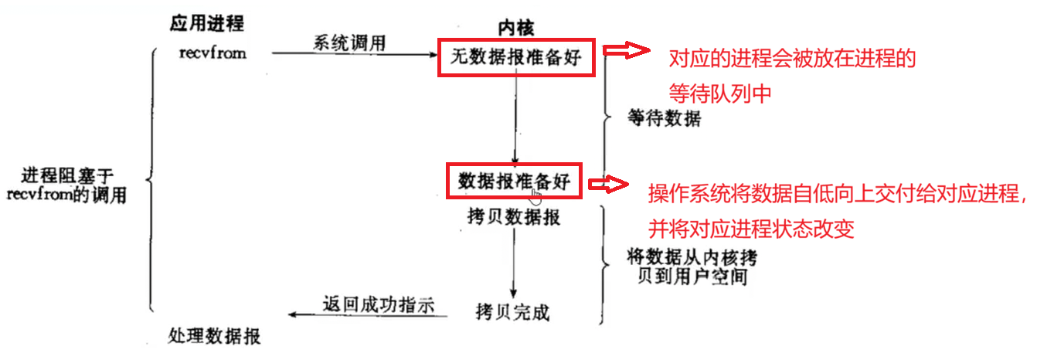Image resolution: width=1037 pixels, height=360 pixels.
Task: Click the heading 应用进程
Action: (206, 23)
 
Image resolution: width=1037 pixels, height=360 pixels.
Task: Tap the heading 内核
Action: (515, 28)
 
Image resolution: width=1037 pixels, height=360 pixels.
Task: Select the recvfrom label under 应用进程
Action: (212, 53)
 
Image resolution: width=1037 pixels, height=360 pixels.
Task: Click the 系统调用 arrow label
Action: (349, 43)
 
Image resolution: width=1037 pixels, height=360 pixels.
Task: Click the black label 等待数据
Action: (665, 118)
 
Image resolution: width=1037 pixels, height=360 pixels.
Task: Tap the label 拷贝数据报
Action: (514, 216)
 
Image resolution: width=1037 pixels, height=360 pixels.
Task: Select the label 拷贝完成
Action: (512, 312)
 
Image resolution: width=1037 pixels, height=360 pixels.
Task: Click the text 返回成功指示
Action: (379, 305)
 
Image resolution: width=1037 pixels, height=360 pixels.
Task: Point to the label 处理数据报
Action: (214, 336)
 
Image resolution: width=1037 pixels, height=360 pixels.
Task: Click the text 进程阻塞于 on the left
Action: (67, 176)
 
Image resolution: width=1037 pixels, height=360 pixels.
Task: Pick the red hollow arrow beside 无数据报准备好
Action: (626, 50)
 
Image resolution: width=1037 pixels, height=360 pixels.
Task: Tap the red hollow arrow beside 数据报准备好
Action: (608, 184)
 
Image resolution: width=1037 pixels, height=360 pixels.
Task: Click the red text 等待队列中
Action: (720, 93)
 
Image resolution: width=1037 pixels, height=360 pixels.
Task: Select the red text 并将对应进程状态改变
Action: (751, 229)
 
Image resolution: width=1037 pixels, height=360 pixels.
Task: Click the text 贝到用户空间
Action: (692, 277)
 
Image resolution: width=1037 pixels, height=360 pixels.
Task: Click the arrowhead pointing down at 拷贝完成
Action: (513, 294)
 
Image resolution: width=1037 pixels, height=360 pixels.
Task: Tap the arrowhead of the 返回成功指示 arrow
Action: (293, 314)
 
